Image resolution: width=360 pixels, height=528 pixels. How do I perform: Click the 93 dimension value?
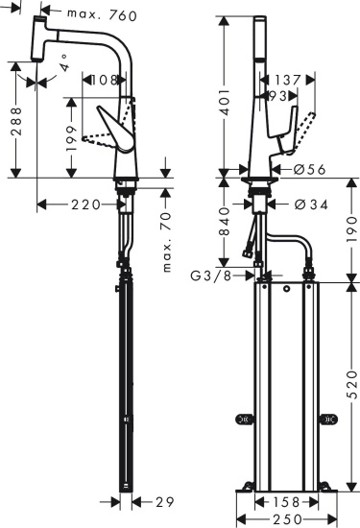coord(276,96)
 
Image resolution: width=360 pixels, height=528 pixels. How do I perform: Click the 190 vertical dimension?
coord(350,228)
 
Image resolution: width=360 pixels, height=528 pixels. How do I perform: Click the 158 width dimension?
coord(283,500)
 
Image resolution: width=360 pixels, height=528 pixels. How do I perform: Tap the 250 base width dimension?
coord(283,518)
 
